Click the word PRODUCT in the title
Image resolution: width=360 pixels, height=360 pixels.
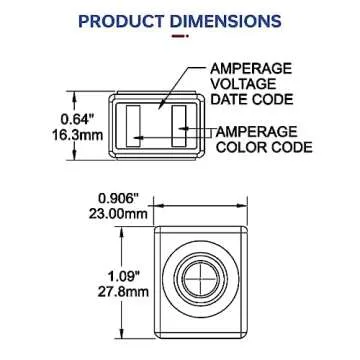point(125,20)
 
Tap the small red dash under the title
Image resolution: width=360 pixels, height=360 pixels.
point(179,38)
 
